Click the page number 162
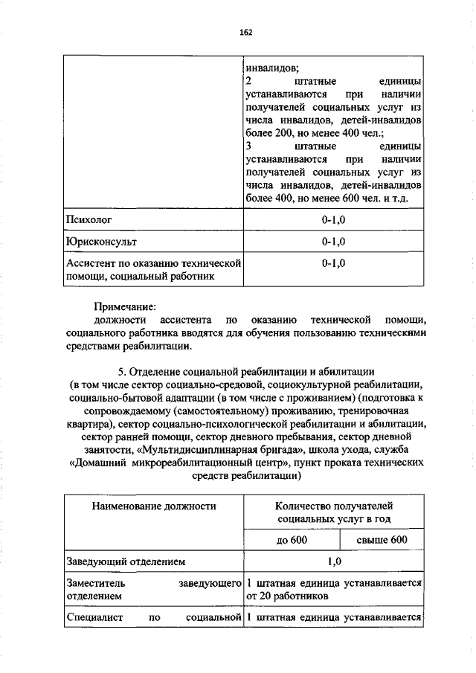[246, 32]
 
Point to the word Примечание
[124, 306]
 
